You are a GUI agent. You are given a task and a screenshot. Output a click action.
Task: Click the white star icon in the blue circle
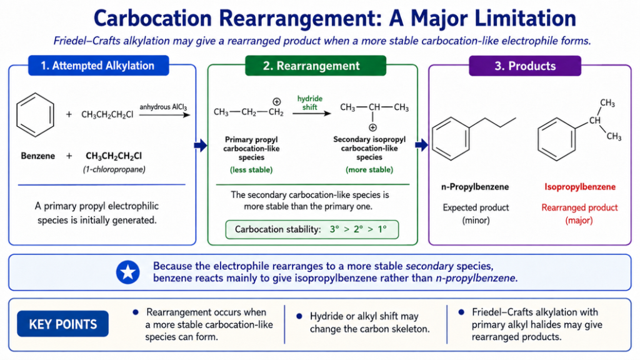(x=127, y=272)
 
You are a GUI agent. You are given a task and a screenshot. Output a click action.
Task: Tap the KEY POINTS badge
(x=63, y=324)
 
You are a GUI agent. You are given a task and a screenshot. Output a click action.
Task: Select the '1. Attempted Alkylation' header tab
(x=98, y=66)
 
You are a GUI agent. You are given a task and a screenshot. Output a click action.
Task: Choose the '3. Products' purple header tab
(x=525, y=66)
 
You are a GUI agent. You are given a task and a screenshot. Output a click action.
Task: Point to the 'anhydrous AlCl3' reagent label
(x=163, y=107)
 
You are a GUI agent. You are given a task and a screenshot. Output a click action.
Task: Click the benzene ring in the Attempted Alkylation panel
(x=35, y=115)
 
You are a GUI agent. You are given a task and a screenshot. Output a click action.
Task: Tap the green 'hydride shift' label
(x=310, y=103)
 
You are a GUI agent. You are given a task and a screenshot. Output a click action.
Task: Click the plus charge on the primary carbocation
(x=277, y=102)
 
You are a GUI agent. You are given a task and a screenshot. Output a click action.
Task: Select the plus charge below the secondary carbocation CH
(x=372, y=127)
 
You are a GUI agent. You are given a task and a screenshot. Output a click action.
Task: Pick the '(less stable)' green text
(x=251, y=170)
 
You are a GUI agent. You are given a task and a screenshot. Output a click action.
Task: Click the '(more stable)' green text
(x=369, y=170)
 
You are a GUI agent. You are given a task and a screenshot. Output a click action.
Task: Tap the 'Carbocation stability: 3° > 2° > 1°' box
(x=312, y=229)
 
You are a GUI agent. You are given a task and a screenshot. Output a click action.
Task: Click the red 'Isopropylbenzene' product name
(x=580, y=187)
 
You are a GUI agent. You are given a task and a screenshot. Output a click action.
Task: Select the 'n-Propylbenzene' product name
(x=475, y=187)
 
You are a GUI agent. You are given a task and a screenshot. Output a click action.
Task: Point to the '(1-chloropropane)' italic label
(x=114, y=169)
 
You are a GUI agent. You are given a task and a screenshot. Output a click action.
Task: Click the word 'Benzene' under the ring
(x=38, y=156)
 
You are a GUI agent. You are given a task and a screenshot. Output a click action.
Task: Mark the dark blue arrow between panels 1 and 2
(x=201, y=145)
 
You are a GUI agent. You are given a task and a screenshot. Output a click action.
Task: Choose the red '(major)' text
(x=579, y=221)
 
